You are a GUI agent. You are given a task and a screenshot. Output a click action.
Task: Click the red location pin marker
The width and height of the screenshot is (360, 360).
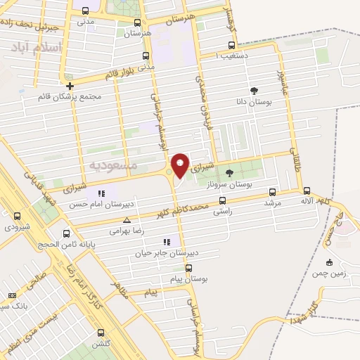[180, 165]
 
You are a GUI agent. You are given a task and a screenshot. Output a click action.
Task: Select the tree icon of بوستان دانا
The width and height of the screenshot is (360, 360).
[254, 91]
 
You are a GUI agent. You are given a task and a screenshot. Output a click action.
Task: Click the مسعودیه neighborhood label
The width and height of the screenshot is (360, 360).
[112, 164]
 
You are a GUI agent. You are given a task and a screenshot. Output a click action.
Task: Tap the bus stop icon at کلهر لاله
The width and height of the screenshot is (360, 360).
[307, 190]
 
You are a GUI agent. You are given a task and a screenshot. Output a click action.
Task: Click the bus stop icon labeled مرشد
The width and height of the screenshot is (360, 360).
[272, 192]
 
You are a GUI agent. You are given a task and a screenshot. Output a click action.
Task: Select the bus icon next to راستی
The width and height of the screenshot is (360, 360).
[222, 200]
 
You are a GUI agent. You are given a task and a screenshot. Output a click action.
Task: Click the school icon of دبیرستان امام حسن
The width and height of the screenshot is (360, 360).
[102, 193]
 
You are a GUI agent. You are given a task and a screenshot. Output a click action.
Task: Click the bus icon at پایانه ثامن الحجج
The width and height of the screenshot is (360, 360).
[67, 233]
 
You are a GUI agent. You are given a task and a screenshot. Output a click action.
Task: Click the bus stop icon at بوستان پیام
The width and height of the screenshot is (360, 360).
[188, 268]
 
